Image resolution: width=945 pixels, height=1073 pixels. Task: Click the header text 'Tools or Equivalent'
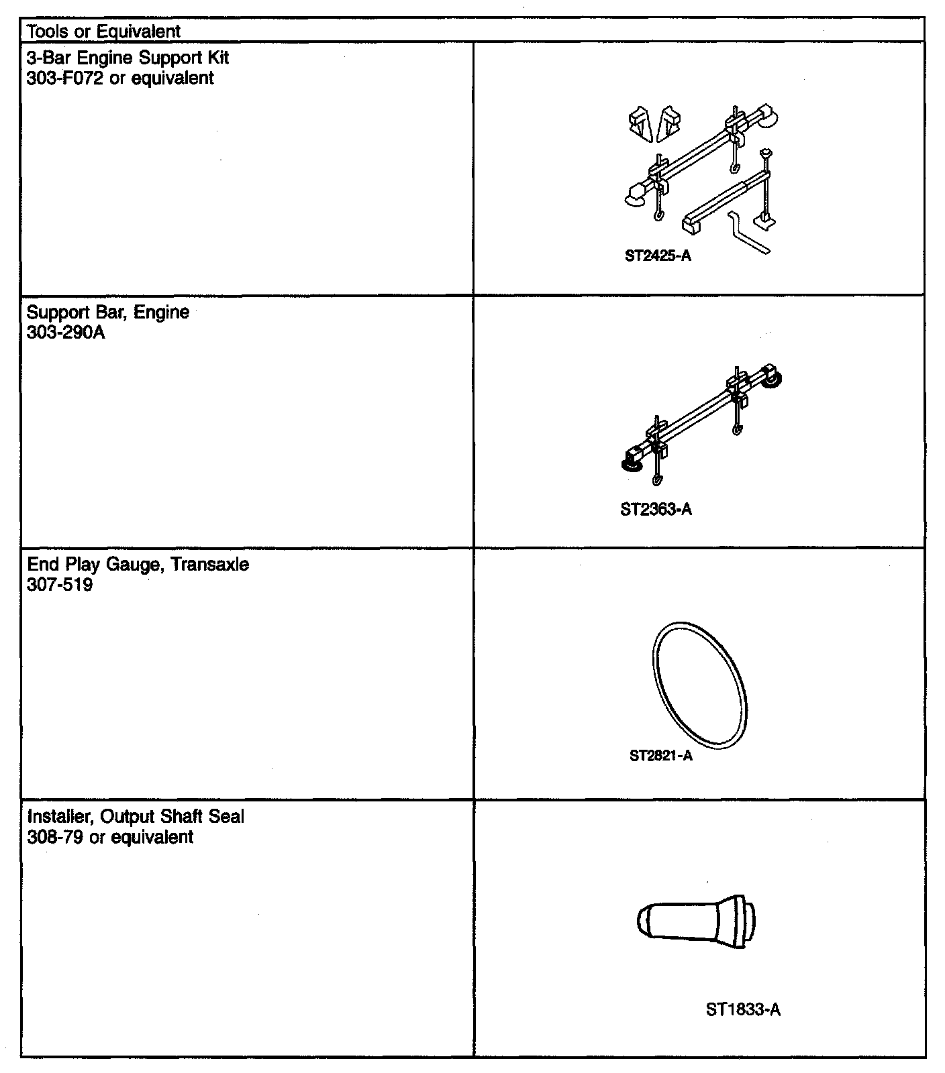click(x=104, y=31)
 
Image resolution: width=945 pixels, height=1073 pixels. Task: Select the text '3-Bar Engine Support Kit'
click(x=128, y=58)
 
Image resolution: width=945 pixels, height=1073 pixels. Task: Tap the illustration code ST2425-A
click(x=657, y=256)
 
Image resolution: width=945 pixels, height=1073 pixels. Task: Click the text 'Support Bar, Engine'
click(x=108, y=313)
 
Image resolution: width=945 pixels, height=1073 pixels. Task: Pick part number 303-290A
click(x=66, y=333)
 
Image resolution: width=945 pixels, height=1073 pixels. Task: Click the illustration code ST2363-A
click(x=656, y=510)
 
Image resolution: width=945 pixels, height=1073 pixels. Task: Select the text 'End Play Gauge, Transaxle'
click(x=138, y=565)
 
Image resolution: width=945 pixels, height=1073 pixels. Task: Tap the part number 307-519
click(x=60, y=585)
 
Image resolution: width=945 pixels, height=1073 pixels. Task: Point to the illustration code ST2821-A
click(x=660, y=756)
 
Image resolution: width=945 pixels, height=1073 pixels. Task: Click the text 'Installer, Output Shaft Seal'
click(x=136, y=817)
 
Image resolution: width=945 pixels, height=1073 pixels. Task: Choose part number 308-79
click(x=55, y=837)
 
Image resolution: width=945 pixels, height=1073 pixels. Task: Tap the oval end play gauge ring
click(x=699, y=685)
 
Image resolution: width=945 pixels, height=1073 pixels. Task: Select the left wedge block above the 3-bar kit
click(x=640, y=124)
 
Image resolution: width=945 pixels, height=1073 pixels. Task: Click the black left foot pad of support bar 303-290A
click(x=630, y=465)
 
